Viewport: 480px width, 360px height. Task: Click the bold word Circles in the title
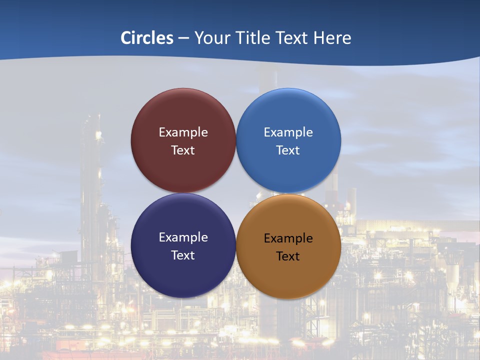(x=147, y=38)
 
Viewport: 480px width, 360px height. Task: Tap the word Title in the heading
(x=251, y=38)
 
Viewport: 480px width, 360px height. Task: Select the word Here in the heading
(x=332, y=38)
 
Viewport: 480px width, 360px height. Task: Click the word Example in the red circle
(x=183, y=132)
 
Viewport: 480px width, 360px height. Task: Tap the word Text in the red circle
(x=183, y=150)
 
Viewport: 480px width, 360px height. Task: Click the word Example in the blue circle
(x=288, y=132)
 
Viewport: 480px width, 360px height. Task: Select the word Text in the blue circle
(x=288, y=150)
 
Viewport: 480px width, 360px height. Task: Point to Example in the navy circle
(x=183, y=237)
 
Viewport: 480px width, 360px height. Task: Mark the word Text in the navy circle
(x=183, y=255)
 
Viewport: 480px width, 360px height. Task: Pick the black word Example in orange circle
(x=288, y=238)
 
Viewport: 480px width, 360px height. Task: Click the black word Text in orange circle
(x=288, y=256)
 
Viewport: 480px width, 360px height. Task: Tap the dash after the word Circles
(x=183, y=38)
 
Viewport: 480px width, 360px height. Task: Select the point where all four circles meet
(x=236, y=193)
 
